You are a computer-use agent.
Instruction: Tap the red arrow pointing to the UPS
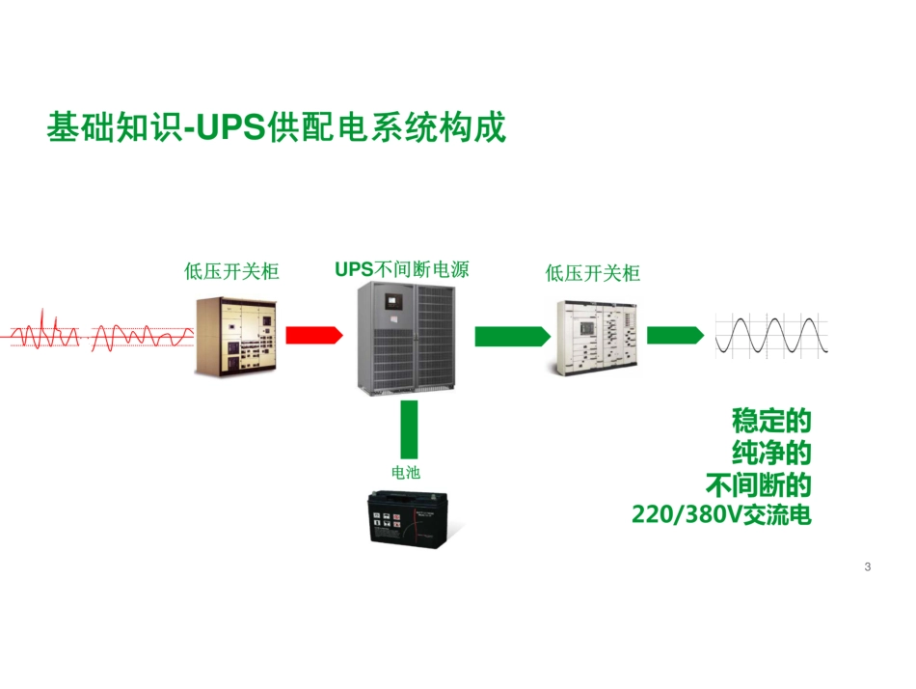(313, 335)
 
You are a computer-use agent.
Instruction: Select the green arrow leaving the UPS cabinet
(511, 335)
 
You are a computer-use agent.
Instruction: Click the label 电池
(406, 472)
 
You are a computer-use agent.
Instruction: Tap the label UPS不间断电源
(402, 269)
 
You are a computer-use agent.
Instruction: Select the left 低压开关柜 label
(231, 272)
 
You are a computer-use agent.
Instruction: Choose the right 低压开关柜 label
(592, 273)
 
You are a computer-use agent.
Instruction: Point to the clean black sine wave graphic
(771, 336)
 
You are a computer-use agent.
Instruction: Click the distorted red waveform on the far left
(96, 335)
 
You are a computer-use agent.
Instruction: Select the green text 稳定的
(771, 422)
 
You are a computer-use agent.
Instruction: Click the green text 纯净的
(771, 453)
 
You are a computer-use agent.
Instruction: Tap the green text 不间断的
(758, 483)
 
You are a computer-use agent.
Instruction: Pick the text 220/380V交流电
(721, 514)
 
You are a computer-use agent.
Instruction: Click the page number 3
(868, 566)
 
